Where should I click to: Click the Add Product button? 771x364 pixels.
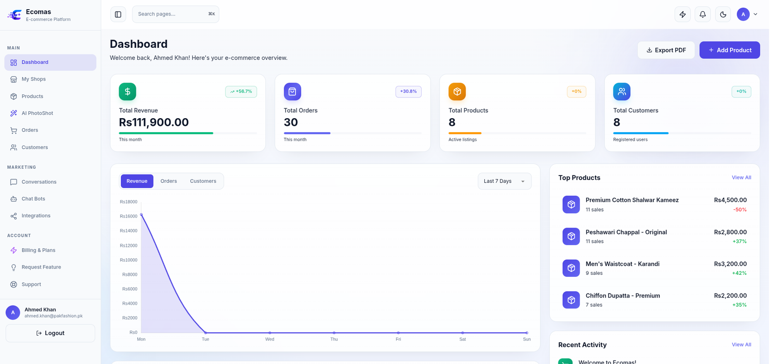tap(730, 50)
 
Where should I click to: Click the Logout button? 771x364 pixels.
tap(50, 333)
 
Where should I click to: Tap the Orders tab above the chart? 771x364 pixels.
tap(169, 181)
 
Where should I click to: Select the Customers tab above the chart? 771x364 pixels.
tap(203, 181)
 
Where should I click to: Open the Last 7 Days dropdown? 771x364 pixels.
tap(504, 181)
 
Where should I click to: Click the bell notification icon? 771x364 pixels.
tap(703, 14)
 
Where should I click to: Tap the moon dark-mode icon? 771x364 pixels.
tap(723, 14)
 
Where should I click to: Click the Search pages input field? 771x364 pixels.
tap(175, 14)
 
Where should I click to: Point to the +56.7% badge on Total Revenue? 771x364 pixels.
tap(241, 92)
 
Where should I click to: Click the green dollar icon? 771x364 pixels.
tap(127, 92)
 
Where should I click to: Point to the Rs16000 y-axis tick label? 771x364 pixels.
tap(128, 216)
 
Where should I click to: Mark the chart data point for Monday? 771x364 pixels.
tap(141, 215)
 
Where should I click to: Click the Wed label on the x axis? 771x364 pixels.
tap(269, 339)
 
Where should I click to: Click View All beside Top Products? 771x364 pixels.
tap(742, 177)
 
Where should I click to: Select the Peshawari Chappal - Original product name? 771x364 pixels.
tap(626, 232)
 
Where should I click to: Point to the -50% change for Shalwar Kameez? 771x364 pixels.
tap(740, 209)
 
